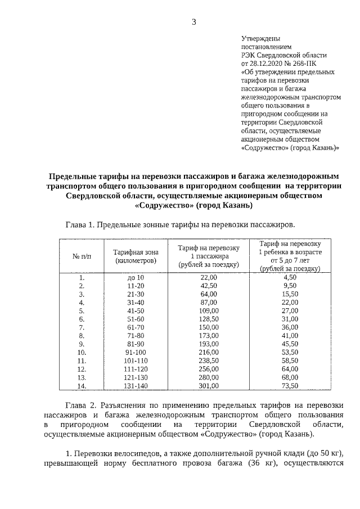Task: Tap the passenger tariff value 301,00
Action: [209, 385]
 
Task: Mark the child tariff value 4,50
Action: [290, 277]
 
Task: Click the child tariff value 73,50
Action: [290, 385]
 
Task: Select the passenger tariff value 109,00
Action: [209, 310]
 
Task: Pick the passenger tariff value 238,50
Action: [209, 361]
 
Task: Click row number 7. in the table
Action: [82, 327]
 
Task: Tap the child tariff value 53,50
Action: [290, 352]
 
